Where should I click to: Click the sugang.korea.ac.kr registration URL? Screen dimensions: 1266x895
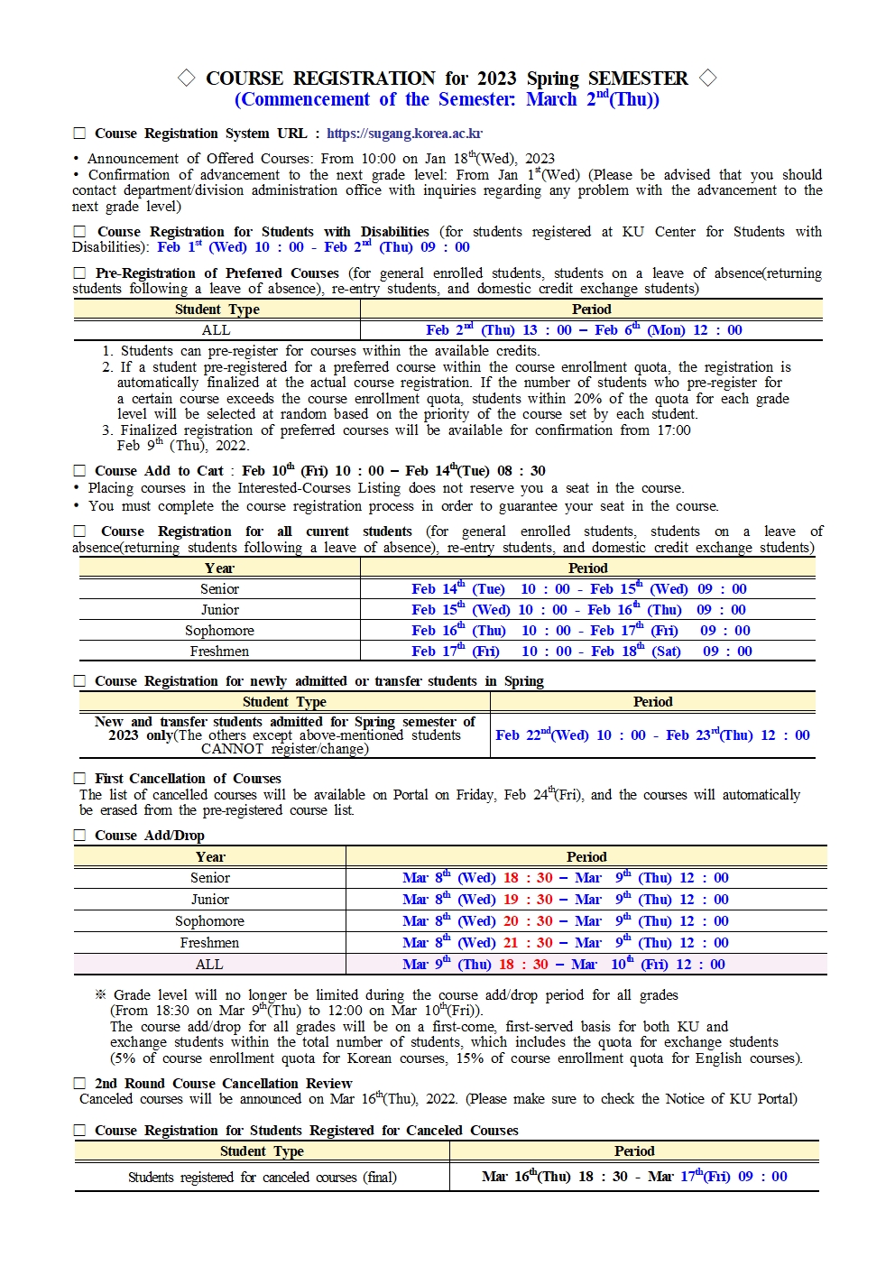[x=404, y=134]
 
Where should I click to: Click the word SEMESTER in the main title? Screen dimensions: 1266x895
[x=638, y=79]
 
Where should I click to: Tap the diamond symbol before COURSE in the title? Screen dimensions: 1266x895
[x=187, y=79]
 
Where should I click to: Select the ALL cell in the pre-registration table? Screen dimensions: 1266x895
[x=217, y=330]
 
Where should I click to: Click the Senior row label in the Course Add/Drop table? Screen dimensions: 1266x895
[x=210, y=878]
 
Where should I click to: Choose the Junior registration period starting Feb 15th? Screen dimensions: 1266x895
[x=578, y=610]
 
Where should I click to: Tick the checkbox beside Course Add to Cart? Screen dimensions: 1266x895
[x=79, y=471]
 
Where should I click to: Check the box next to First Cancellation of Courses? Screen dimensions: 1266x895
[x=79, y=779]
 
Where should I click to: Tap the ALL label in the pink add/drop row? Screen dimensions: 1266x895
[x=209, y=965]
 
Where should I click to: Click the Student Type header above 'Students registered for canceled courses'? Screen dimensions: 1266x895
[x=262, y=1151]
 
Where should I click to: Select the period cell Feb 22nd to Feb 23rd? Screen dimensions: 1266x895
[x=652, y=735]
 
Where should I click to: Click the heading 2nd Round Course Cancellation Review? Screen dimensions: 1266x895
[x=223, y=1084]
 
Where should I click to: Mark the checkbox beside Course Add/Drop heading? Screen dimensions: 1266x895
[x=79, y=836]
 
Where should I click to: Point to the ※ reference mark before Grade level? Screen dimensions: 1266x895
[x=101, y=995]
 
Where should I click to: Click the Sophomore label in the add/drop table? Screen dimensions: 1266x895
[x=209, y=921]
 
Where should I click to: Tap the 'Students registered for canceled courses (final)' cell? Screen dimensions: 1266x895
[x=262, y=1178]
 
